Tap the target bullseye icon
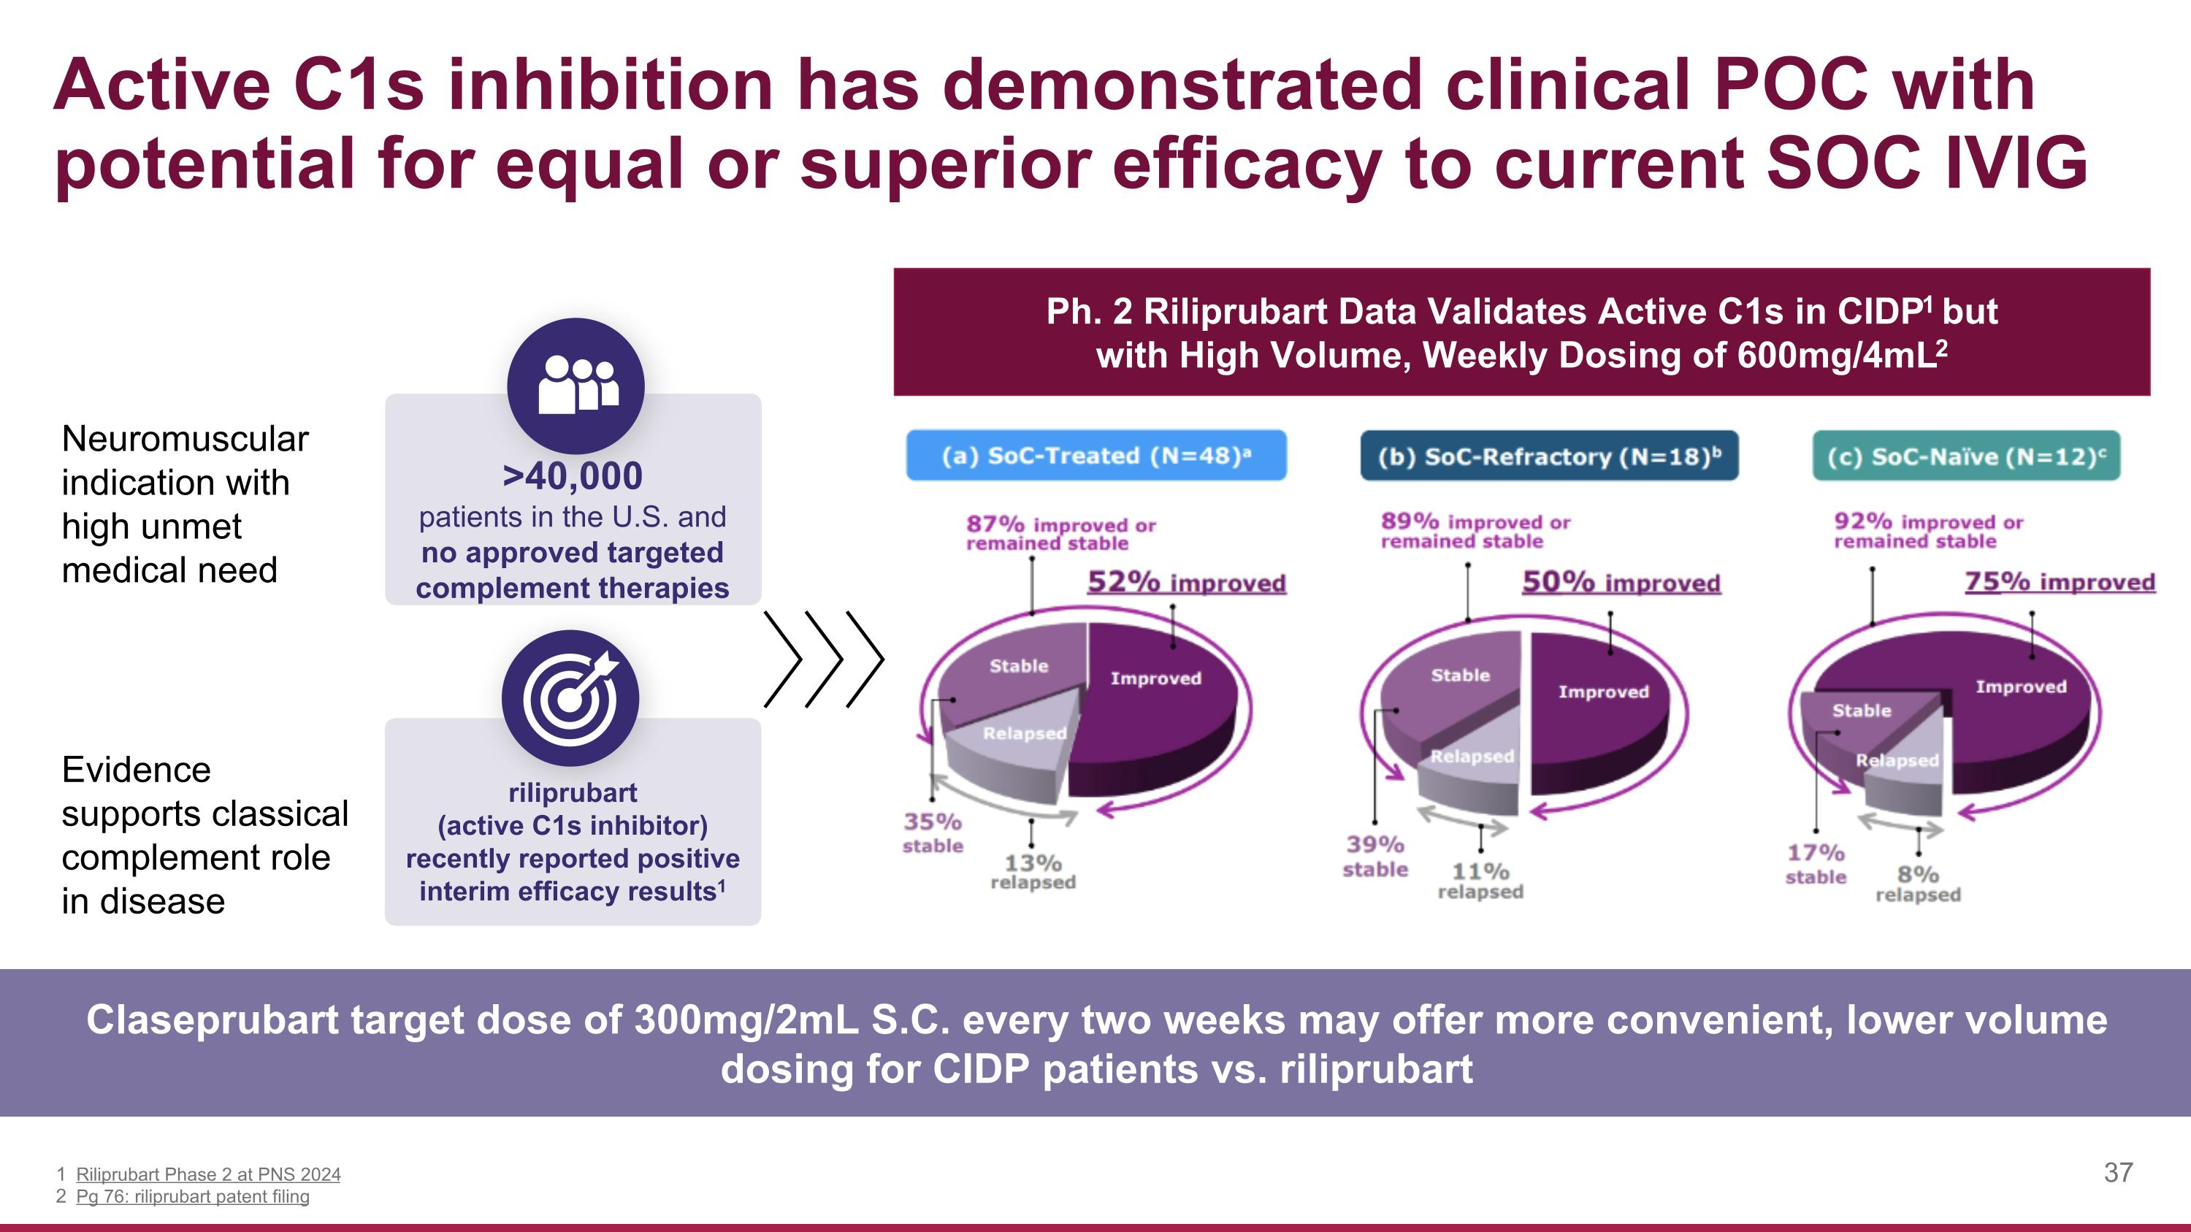coord(570,698)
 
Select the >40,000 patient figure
coord(573,475)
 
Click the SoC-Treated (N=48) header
coord(1095,456)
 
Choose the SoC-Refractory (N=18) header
coord(1549,456)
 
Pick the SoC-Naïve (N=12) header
coord(1965,456)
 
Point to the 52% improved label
coord(1187,583)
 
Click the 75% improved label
coord(2059,583)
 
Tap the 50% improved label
coord(1621,583)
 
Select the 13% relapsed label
coord(1033,871)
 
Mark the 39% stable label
coord(1374,855)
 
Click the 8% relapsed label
coord(1918,884)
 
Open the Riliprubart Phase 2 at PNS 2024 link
coord(207,1174)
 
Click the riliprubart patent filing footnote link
coord(192,1196)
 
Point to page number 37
coord(2118,1173)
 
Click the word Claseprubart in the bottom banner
coord(212,1020)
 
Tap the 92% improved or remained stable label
coord(1928,530)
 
